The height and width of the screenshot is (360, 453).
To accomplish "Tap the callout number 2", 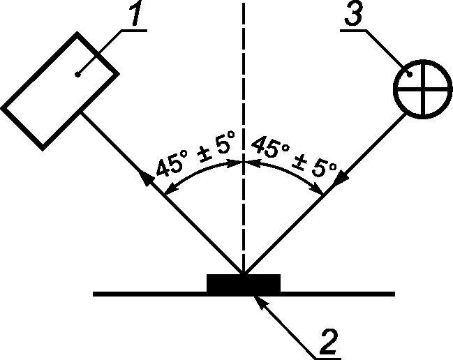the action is pos(329,341).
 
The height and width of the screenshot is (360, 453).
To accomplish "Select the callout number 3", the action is pos(353,14).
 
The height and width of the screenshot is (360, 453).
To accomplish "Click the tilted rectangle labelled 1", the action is pos(60,91).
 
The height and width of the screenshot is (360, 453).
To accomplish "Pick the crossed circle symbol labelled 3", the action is pos(423,89).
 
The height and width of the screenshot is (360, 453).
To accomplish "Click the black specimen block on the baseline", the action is pos(244,283).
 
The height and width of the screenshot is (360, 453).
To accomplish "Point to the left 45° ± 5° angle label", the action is pos(195,153).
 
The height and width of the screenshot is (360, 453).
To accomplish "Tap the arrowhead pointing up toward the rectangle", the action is pos(145,177).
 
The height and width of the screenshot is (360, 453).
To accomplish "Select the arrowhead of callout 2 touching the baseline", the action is pos(260,302).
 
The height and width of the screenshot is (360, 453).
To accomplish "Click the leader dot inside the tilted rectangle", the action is pos(77,75).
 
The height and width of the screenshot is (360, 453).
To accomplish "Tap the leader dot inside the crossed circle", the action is pos(410,75).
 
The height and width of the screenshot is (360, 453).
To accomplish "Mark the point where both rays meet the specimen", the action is pos(244,273).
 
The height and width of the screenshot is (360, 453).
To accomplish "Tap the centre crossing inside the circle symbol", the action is pos(424,89).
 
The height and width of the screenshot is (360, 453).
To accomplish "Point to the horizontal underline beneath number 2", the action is pos(327,359).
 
